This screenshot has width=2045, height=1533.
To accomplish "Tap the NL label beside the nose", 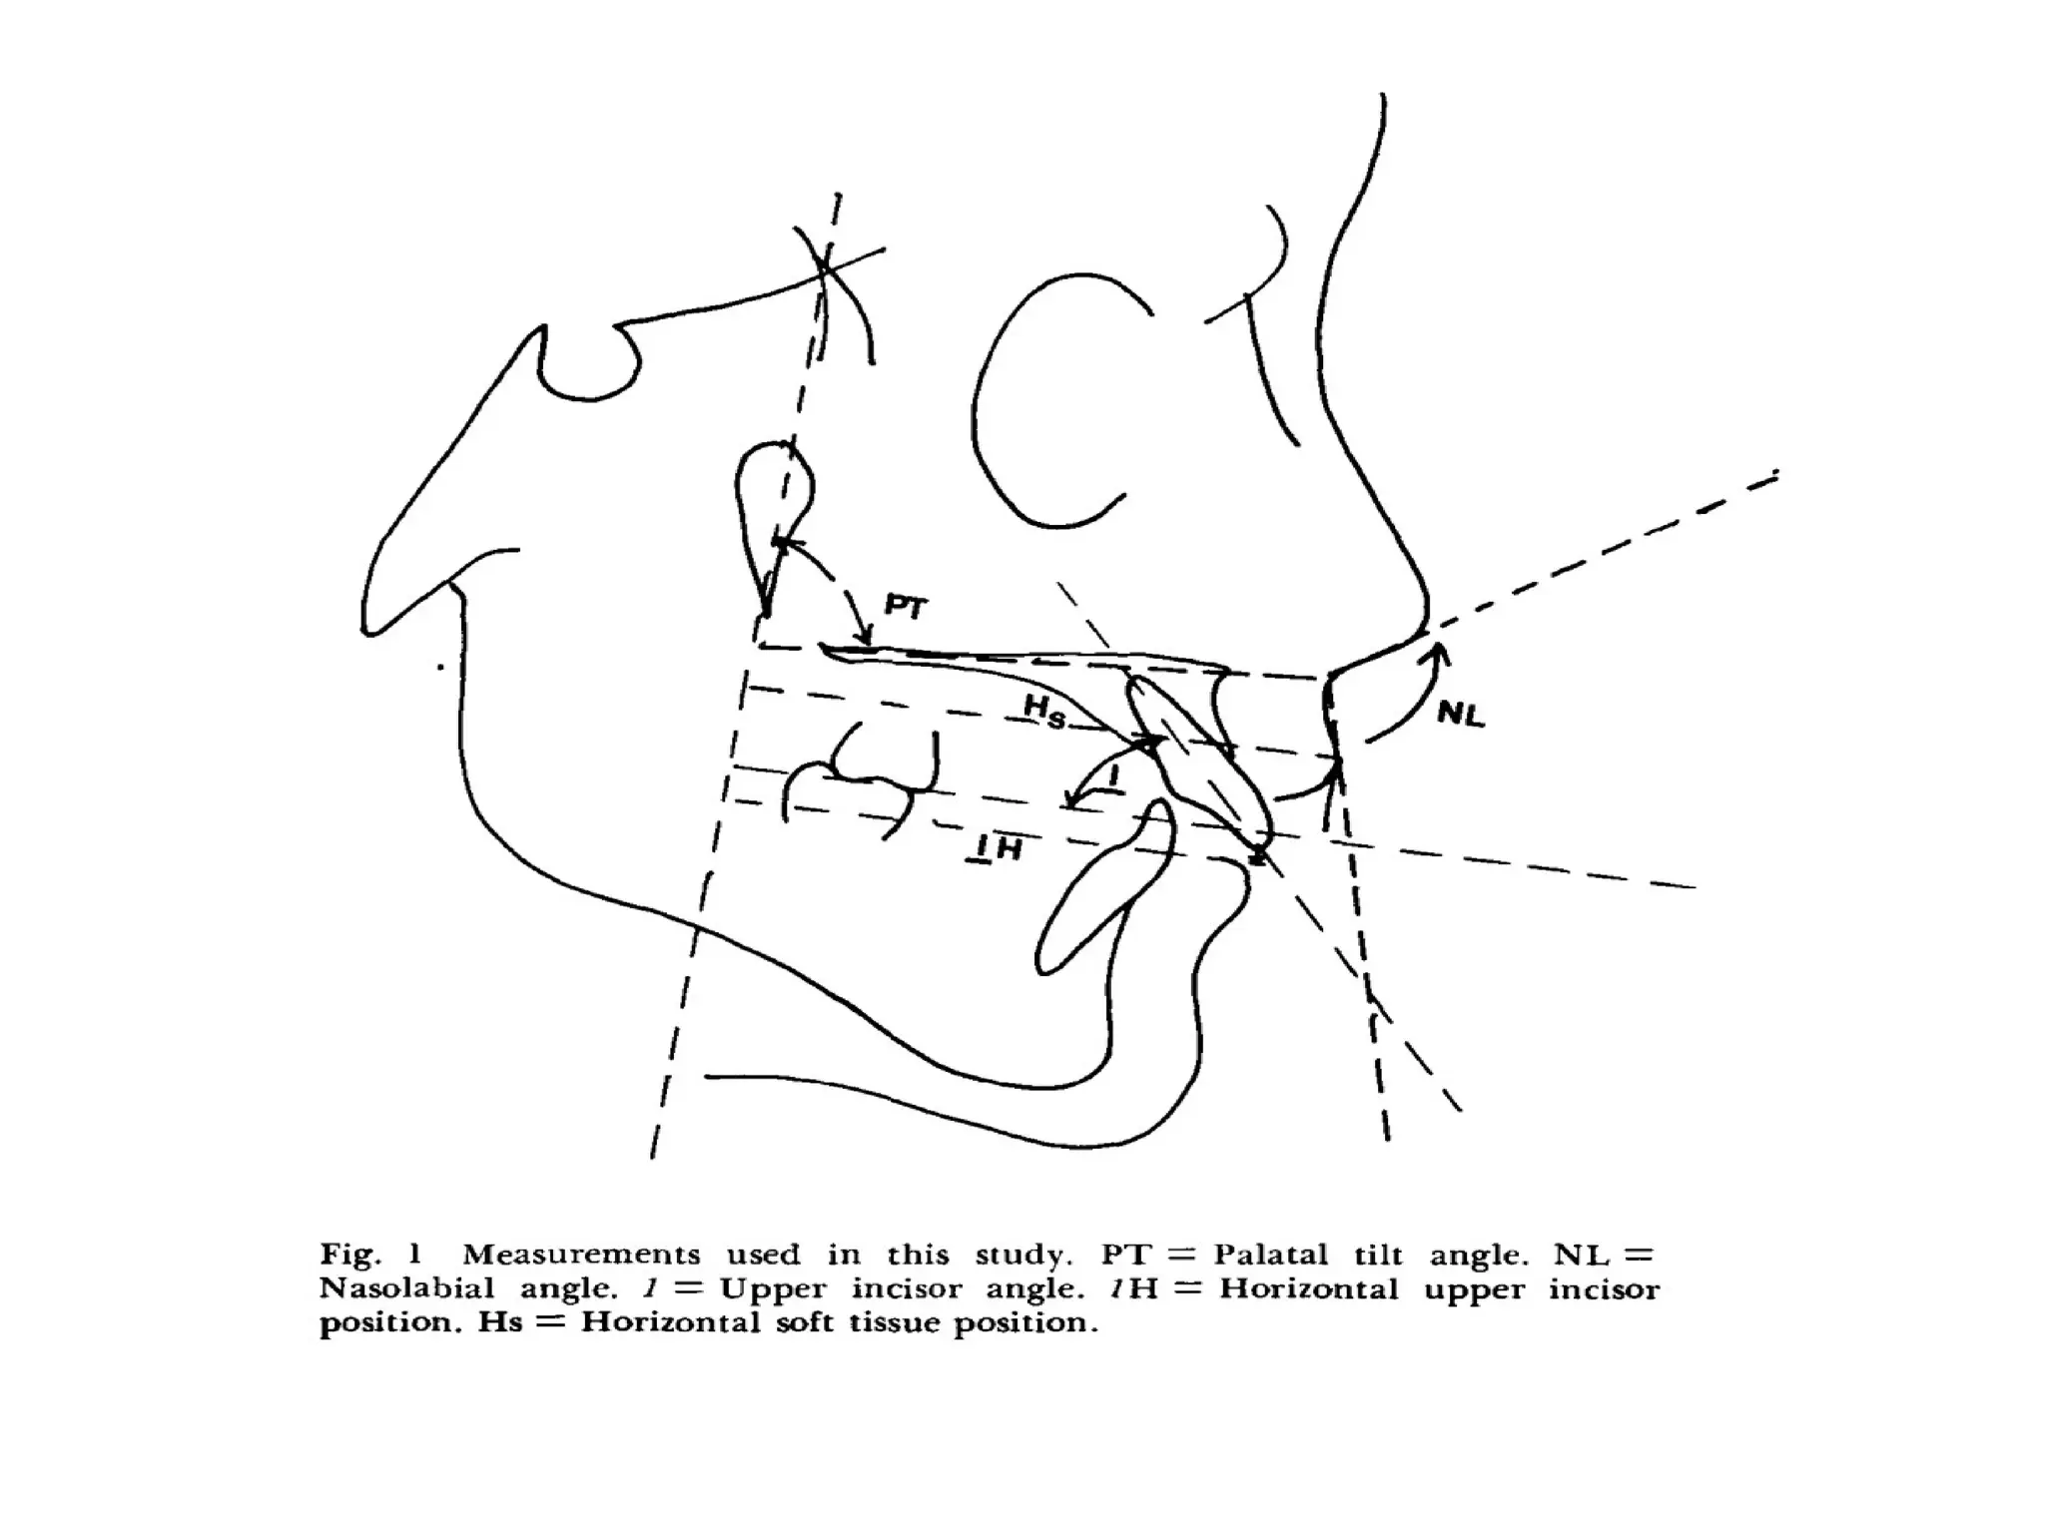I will tap(1461, 714).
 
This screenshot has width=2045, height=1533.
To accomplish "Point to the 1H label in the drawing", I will tap(997, 849).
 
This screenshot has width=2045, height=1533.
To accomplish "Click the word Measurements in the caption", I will tap(581, 1255).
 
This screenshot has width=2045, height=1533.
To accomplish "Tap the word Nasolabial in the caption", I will tap(406, 1288).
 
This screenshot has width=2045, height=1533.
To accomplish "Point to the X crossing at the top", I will tap(826, 264).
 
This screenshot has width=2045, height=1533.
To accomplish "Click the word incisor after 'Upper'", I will tap(907, 1288).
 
